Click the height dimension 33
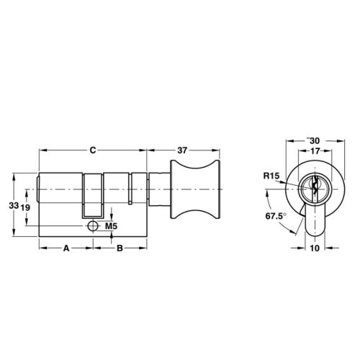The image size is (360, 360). click(12, 205)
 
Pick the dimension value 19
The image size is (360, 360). click(25, 207)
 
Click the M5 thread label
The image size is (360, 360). click(111, 227)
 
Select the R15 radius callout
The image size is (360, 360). click(272, 175)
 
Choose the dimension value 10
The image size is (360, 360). click(315, 248)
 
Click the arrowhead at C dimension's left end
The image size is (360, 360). click(42, 150)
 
